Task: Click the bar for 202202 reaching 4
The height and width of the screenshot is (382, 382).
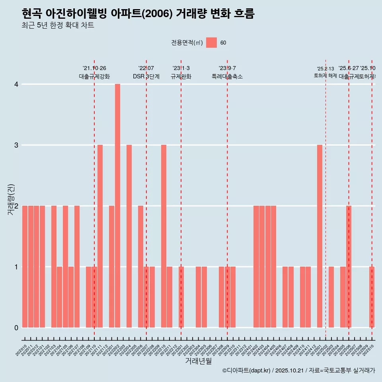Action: (117, 206)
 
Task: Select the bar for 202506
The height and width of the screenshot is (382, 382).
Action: (349, 267)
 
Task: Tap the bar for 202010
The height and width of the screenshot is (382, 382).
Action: (25, 267)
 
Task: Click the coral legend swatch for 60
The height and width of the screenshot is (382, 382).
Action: (211, 43)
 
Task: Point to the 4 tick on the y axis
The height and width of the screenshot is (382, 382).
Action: (16, 84)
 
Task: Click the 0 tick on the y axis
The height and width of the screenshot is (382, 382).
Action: (16, 327)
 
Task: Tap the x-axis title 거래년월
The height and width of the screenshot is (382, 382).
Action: (198, 361)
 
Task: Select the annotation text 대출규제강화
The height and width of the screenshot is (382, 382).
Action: (94, 76)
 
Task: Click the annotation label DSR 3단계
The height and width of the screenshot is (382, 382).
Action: (146, 76)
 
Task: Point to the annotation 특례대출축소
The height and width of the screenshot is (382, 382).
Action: (227, 76)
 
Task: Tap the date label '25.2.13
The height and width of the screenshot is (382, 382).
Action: (325, 69)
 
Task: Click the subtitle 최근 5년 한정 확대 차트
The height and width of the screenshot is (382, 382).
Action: (58, 26)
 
